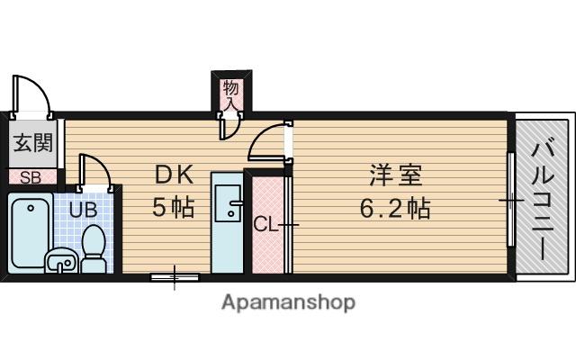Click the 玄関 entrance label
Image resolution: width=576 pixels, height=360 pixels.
tap(33, 143)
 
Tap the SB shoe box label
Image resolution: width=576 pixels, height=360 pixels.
tap(30, 178)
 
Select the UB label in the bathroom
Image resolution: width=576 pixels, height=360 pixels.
tap(84, 210)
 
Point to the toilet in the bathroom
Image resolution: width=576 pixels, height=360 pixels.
tap(94, 249)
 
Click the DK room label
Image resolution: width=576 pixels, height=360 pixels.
tap(174, 175)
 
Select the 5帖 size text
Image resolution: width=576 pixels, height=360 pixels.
tap(173, 207)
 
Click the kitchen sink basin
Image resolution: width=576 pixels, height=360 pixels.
tap(228, 203)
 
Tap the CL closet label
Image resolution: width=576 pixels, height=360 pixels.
tap(265, 224)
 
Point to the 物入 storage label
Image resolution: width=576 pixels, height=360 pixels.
tap(231, 94)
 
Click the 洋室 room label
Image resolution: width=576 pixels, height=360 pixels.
tap(396, 175)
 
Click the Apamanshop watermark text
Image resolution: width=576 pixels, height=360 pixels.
tap(289, 302)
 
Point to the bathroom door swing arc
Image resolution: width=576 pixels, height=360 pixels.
tap(97, 166)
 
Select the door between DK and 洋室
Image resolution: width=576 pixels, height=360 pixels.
tap(270, 141)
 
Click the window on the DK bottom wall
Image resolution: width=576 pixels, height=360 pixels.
tap(175, 277)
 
